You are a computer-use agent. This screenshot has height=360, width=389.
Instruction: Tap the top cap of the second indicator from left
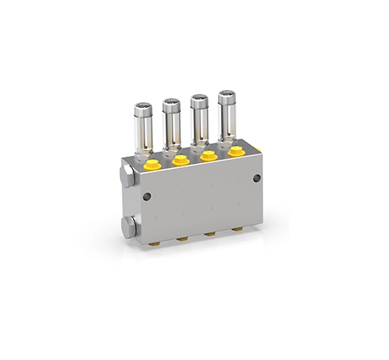[171, 103]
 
